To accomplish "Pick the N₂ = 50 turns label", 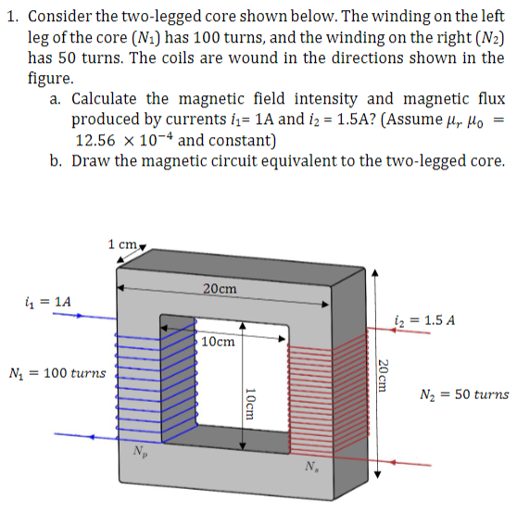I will pos(463,394).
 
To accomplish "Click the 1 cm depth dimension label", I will pos(123,244).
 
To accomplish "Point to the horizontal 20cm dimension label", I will pos(220,289).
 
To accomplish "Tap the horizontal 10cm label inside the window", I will pos(218,341).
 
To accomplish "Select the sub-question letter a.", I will pos(57,99).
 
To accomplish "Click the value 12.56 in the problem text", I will pos(99,141).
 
